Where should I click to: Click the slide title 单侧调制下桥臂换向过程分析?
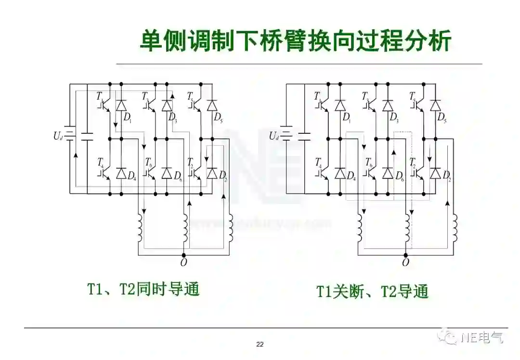[295, 41]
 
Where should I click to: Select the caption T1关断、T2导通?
[372, 291]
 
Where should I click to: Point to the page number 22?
[260, 344]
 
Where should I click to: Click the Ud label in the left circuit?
[58, 136]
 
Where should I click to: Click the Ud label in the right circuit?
[274, 136]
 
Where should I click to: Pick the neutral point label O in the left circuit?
[183, 263]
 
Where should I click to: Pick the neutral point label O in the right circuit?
[405, 263]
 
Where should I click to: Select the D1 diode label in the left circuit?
[128, 117]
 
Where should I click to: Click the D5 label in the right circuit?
[442, 117]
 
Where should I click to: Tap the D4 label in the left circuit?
[132, 176]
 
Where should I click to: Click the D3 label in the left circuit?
[173, 117]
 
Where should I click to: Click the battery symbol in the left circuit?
[70, 136]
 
